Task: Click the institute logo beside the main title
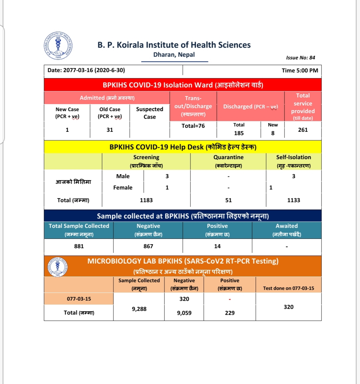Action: pos(58,46)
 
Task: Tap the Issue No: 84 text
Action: pos(300,58)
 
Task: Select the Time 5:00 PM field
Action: pos(300,70)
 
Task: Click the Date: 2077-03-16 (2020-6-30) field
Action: pos(86,70)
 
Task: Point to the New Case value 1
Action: pos(67,130)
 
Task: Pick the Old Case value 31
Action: pos(110,130)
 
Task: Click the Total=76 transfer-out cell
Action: pos(193,126)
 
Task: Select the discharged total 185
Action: pos(239,133)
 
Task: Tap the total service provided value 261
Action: pos(303,130)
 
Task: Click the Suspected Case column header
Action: pos(149,113)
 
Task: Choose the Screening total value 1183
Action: pos(146,200)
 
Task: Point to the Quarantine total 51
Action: pos(228,200)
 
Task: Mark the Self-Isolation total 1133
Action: pos(294,200)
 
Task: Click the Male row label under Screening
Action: pos(123,176)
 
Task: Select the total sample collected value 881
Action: pos(79,246)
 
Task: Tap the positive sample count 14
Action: pos(217,246)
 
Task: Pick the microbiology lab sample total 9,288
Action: pos(139,309)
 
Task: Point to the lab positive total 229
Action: pos(230,313)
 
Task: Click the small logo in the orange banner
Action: pos(58,266)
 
